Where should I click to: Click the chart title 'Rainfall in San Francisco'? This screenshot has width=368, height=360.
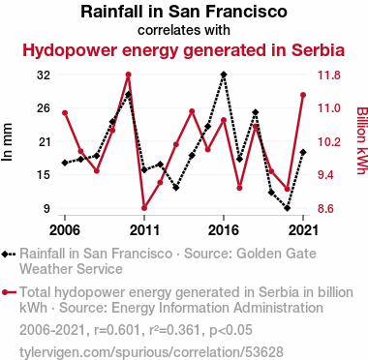(184, 12)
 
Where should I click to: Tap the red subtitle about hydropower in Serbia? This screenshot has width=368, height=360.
(184, 50)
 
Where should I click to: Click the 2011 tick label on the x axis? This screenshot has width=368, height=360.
(144, 230)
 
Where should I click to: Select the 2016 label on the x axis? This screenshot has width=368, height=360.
(224, 230)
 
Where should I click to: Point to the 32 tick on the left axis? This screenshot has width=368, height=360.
(44, 75)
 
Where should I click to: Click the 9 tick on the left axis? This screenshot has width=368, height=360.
(47, 208)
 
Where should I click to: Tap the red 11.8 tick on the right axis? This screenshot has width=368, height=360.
(329, 75)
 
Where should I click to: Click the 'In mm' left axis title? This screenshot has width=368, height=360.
(7, 142)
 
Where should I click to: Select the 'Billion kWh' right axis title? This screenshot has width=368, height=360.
(361, 140)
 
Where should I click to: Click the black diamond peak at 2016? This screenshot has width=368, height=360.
(224, 75)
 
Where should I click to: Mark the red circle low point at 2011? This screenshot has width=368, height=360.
(144, 208)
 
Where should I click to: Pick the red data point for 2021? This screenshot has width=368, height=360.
(303, 95)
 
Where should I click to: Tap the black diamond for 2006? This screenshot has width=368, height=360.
(65, 163)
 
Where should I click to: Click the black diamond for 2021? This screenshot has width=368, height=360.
(303, 152)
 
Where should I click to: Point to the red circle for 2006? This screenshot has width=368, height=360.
(65, 113)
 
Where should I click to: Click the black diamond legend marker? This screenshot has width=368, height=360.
(5, 255)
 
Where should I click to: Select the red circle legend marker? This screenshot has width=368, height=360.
(5, 293)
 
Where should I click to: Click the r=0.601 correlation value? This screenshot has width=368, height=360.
(117, 330)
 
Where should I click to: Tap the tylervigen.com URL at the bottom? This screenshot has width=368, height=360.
(151, 352)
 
